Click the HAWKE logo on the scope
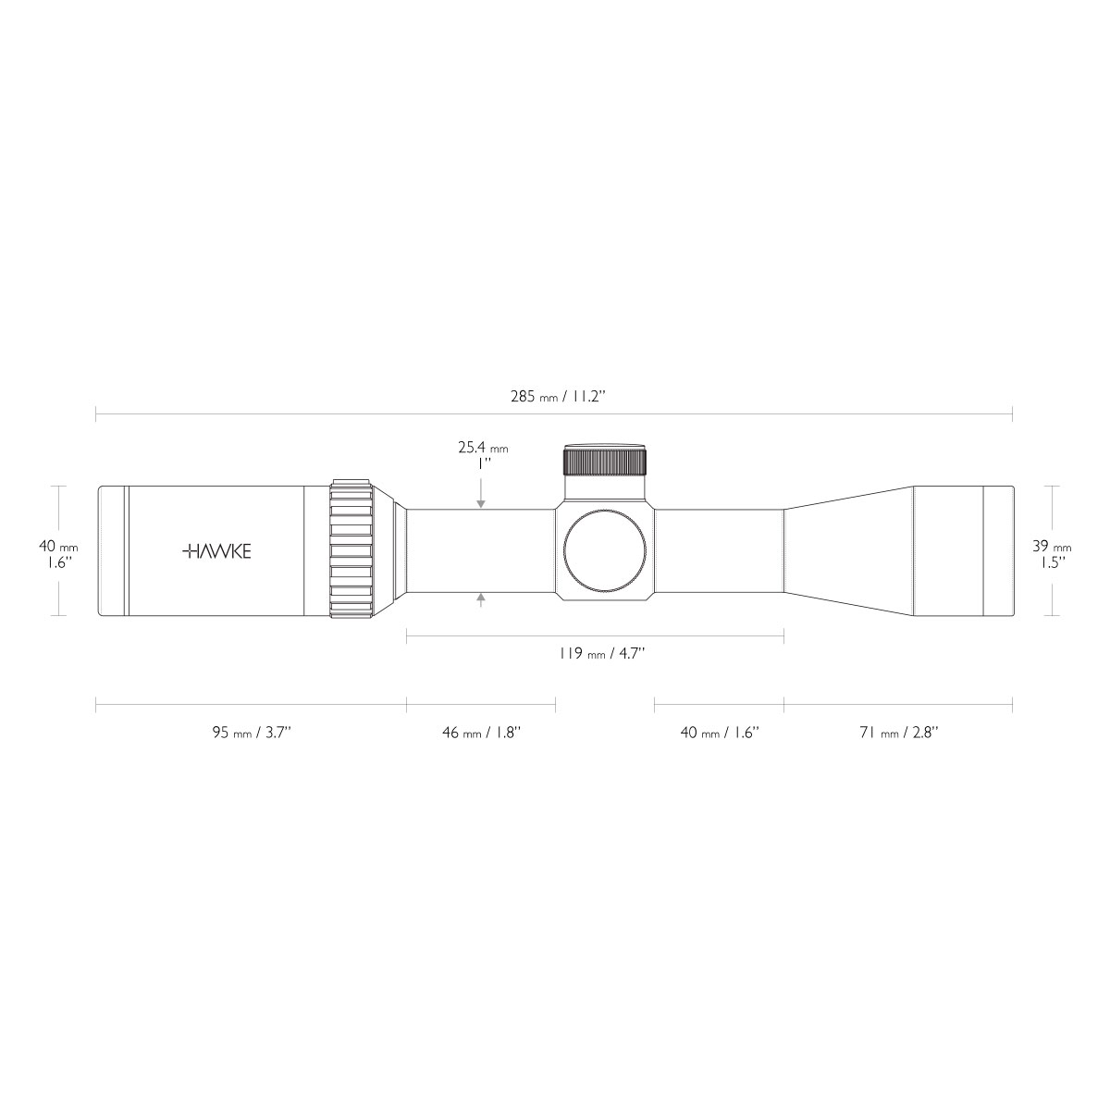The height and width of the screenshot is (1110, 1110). click(x=216, y=551)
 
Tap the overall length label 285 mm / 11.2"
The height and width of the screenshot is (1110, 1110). click(x=558, y=396)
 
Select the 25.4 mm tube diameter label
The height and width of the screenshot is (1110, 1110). click(x=483, y=447)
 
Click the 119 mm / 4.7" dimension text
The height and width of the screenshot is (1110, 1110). click(x=601, y=653)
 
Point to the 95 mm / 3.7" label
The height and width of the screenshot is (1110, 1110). click(x=252, y=732)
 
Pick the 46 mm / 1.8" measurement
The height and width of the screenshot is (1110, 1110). click(x=481, y=732)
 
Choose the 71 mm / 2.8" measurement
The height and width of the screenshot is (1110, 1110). click(x=898, y=732)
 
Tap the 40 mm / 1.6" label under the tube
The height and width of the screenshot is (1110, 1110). click(x=720, y=732)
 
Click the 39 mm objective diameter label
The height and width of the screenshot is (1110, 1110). click(x=1052, y=546)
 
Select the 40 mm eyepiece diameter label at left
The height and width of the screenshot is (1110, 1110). click(x=58, y=546)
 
